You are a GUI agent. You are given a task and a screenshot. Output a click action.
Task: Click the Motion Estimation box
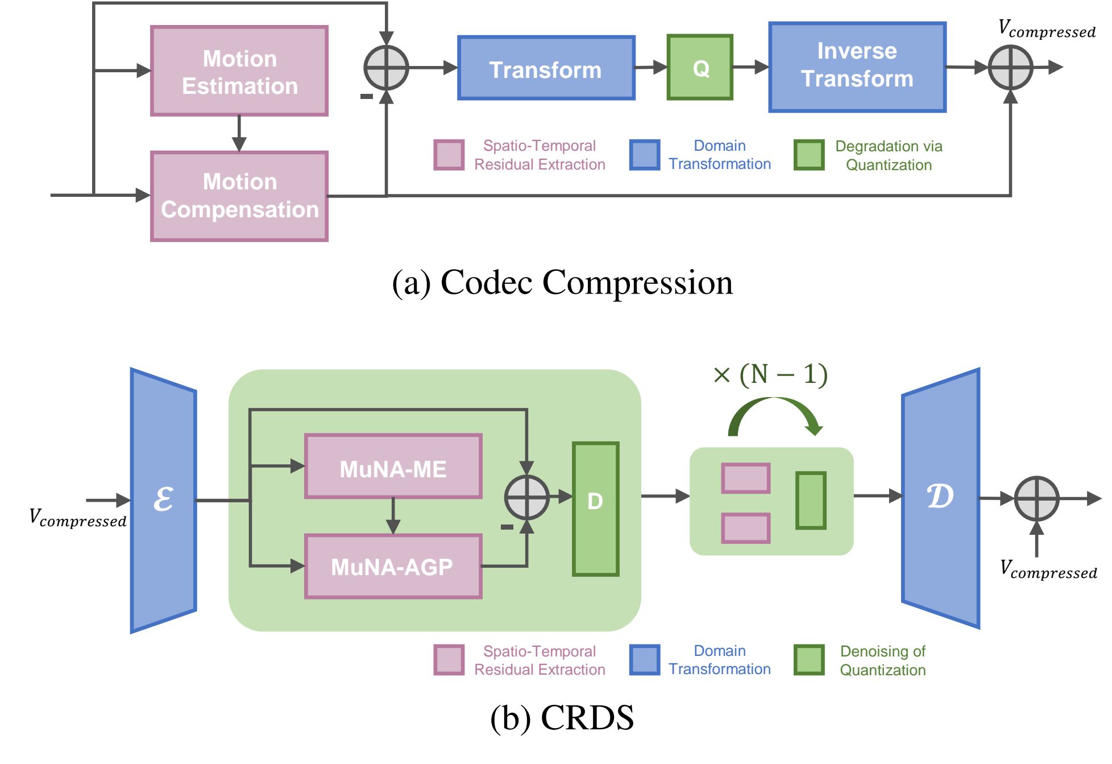[239, 71]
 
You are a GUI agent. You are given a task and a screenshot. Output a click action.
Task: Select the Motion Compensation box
[239, 196]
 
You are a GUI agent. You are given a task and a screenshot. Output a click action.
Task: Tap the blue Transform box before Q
[546, 68]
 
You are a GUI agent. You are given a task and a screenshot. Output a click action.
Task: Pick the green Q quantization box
[700, 68]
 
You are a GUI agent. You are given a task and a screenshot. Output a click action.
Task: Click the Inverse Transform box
[857, 67]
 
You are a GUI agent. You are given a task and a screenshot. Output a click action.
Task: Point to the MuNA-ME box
[393, 466]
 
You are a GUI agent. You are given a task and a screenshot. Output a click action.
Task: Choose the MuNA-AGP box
[393, 567]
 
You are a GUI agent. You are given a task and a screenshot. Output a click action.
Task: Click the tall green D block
[595, 509]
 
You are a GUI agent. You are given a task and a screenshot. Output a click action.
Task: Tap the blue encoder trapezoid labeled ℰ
[164, 501]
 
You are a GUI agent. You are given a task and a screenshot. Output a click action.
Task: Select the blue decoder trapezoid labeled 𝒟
[940, 498]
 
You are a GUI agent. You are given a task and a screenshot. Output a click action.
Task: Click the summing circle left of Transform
[386, 68]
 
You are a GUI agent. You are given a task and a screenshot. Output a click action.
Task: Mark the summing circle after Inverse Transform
[1010, 68]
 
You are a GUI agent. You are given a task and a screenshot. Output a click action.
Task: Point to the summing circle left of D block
[526, 498]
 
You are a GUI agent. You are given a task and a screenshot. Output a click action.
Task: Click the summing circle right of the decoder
[1036, 499]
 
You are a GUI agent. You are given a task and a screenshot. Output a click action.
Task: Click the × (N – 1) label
[770, 375]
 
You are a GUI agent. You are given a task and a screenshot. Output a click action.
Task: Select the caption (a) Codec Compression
[562, 282]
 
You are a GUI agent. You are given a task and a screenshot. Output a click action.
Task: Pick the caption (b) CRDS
[562, 718]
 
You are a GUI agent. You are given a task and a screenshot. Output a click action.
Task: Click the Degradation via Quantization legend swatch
[809, 155]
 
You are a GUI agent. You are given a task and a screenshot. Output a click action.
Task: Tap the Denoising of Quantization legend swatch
[809, 660]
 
